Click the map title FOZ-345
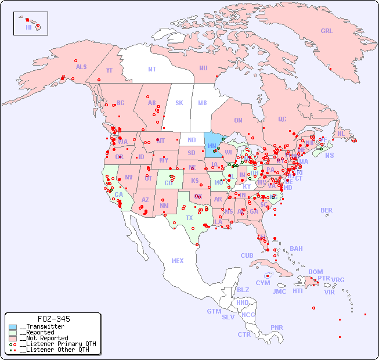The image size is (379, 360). tap(53, 319)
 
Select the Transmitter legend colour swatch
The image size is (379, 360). tap(13, 327)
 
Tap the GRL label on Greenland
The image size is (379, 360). tap(327, 31)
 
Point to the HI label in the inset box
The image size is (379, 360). tap(28, 27)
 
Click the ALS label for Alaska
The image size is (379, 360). tap(81, 67)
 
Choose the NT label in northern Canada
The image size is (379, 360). tap(152, 69)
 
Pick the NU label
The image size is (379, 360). tap(203, 68)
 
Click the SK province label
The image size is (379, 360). tap(179, 103)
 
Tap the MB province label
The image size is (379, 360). tap(202, 103)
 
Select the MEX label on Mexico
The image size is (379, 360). tap(178, 261)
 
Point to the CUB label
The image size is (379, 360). tap(247, 255)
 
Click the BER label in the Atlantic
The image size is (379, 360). tap(327, 210)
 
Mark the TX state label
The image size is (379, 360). tap(189, 218)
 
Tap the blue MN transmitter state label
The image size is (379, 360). tap(211, 146)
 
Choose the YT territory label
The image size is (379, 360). tap(109, 70)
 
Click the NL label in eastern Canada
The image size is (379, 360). tap(341, 134)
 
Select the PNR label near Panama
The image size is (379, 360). tap(277, 327)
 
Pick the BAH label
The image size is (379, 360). tap(296, 249)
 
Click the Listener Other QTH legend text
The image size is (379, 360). tap(55, 350)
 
